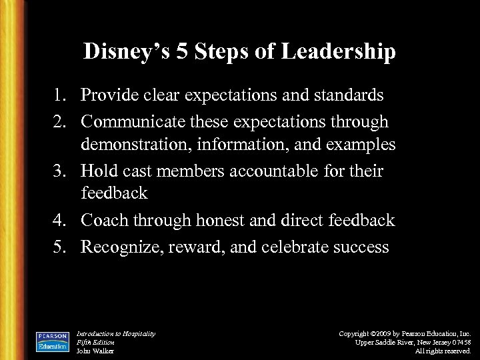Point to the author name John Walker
pyautogui.click(x=96, y=350)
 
